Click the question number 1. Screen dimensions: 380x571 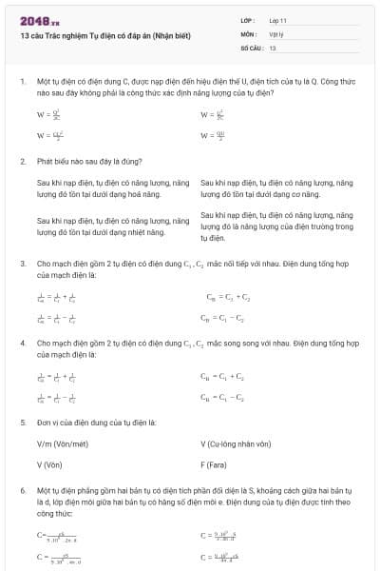pos(22,83)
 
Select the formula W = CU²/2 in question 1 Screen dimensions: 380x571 pos(44,135)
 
